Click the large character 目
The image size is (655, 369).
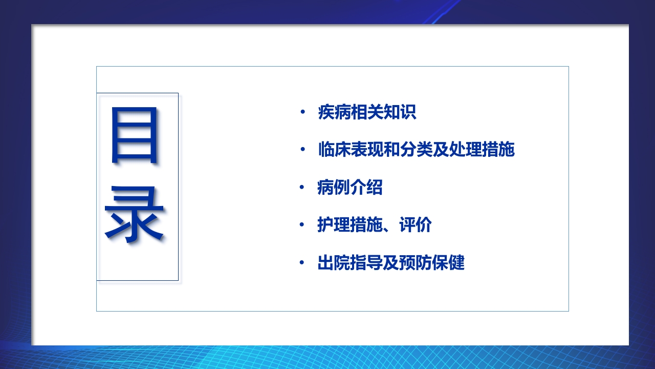135,136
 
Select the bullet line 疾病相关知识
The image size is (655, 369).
367,112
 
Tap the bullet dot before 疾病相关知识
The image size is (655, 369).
302,112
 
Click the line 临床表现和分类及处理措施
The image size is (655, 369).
416,150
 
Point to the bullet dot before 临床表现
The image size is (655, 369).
302,150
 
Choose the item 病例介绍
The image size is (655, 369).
350,188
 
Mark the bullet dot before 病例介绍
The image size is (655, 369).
302,188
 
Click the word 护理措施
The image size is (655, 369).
350,225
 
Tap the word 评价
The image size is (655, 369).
416,225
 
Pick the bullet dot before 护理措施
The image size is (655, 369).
302,225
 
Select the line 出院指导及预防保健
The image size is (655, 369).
391,263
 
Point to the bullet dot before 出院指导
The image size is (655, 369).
302,263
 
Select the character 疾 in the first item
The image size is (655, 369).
326,112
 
